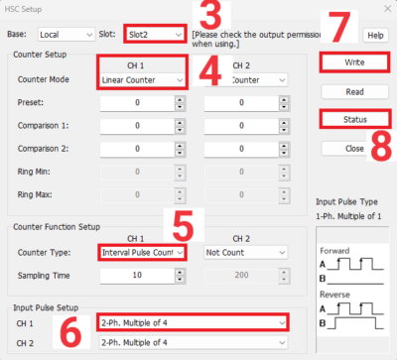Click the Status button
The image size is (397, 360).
click(354, 119)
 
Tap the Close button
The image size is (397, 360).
click(354, 148)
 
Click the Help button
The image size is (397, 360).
click(374, 35)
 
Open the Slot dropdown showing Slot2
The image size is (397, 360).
click(154, 35)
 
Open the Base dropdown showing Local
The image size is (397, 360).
click(65, 35)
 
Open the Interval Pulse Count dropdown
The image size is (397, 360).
click(142, 253)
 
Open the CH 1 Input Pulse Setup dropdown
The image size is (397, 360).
click(193, 323)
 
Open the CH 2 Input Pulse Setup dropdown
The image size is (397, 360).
click(193, 343)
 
